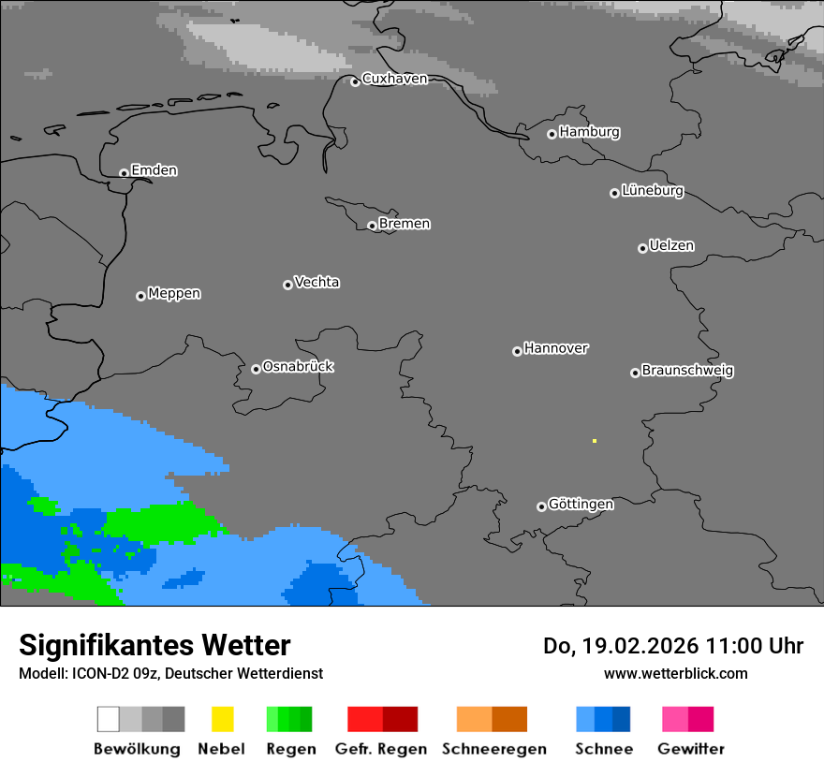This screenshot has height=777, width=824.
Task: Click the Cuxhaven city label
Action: [394, 79]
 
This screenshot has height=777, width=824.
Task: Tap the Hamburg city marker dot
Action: [552, 134]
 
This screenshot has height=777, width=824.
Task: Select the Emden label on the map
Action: [154, 170]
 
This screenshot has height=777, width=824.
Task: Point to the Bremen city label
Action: [405, 224]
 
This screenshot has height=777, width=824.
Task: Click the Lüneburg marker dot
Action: [614, 193]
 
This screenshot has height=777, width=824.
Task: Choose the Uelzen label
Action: [671, 246]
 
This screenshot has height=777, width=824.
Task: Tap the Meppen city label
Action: [174, 294]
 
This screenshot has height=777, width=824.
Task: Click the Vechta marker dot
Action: [287, 285]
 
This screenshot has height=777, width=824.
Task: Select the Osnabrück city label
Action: [298, 367]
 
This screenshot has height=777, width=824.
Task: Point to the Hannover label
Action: [556, 348]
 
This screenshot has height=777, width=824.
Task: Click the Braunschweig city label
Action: [687, 371]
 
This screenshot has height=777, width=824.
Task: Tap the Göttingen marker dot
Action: [541, 506]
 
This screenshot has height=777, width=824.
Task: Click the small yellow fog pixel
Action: [594, 441]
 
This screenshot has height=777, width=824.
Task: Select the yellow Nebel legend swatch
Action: [222, 719]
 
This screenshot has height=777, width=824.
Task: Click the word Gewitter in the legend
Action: [690, 749]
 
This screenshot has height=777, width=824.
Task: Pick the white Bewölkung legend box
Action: [109, 719]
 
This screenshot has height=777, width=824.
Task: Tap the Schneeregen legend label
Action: [493, 749]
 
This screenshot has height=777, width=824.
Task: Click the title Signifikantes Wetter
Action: [154, 646]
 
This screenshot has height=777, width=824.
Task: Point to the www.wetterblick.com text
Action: [675, 673]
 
